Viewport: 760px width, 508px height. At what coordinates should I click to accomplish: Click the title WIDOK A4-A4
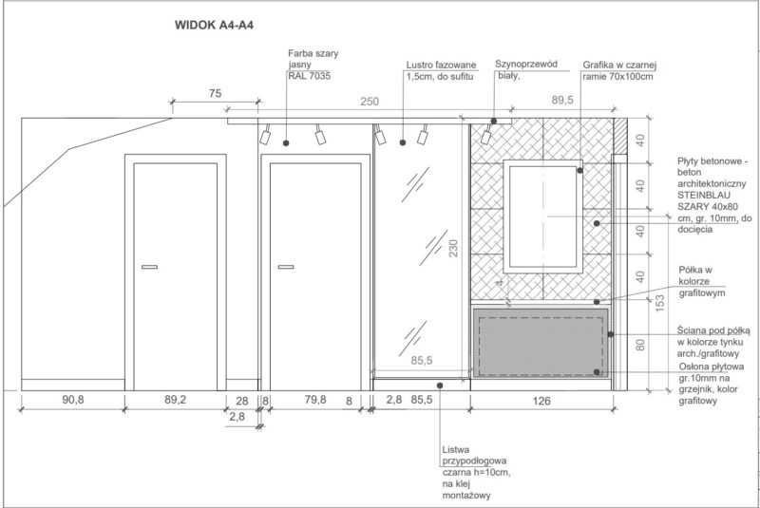click(x=214, y=25)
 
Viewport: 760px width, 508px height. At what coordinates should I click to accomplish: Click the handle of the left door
click(x=150, y=267)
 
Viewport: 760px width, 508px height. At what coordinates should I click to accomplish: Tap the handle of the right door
click(x=286, y=267)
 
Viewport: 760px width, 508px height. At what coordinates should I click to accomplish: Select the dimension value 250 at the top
click(x=370, y=102)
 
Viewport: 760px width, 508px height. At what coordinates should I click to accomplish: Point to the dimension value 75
click(x=216, y=93)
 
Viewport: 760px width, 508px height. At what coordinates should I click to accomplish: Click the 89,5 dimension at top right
click(x=562, y=100)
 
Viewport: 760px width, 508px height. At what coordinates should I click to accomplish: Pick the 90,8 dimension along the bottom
click(x=73, y=400)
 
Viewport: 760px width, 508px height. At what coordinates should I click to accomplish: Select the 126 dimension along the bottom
click(x=541, y=401)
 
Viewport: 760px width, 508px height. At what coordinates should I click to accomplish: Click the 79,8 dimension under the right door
click(x=315, y=400)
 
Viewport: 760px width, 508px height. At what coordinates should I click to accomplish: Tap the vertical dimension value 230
click(x=453, y=248)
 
